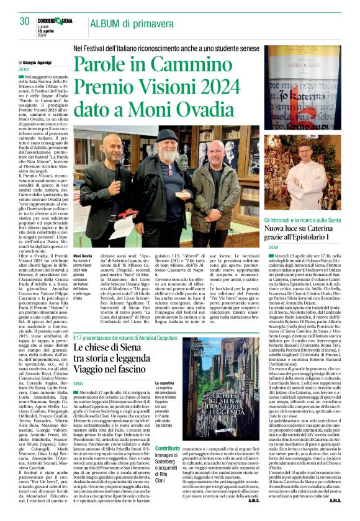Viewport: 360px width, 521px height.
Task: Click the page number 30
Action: pyautogui.click(x=25, y=20)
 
